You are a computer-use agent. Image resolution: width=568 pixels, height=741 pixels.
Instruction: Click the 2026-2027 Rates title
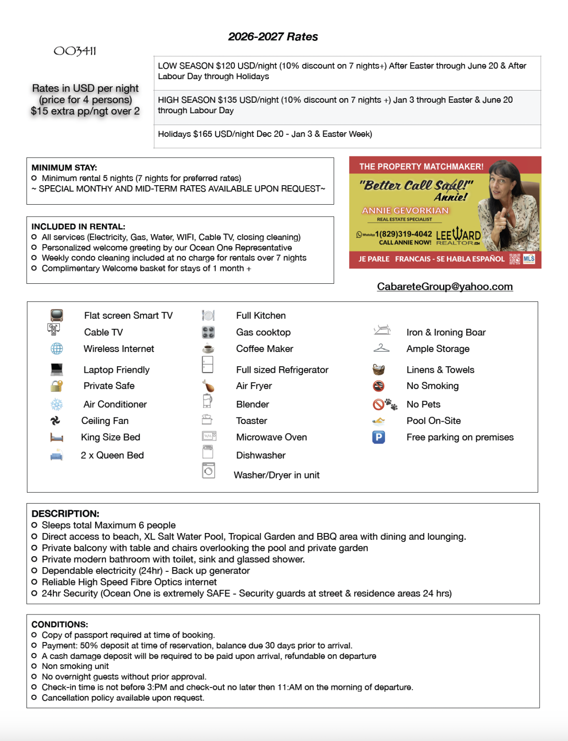273,36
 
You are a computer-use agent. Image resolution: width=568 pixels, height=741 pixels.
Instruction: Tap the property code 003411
75,51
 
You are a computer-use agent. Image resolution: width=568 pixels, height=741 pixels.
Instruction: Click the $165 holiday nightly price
202,134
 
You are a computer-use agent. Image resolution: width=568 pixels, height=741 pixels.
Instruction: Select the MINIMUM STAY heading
64,168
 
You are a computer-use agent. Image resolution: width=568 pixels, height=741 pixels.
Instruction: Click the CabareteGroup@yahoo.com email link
444,286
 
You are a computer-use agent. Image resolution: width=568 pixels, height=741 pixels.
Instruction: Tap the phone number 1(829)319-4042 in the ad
403,234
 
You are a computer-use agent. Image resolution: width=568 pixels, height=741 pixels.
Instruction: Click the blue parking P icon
378,437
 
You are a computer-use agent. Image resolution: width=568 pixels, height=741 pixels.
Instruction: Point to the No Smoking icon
378,386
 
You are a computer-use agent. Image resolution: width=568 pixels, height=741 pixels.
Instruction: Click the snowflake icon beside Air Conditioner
57,404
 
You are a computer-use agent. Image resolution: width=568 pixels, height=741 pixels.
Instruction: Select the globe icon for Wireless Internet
57,349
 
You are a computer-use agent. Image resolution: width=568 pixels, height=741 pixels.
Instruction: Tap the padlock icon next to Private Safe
57,386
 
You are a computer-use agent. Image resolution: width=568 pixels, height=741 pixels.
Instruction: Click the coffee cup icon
208,349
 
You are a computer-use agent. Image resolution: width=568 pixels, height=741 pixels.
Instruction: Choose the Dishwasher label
261,455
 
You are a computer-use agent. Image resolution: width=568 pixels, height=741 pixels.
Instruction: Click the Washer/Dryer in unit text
276,475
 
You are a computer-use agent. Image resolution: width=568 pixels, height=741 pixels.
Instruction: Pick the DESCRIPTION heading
65,514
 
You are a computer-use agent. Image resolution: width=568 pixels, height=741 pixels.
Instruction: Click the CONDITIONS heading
60,624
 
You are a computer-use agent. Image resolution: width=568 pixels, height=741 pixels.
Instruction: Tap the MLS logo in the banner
529,259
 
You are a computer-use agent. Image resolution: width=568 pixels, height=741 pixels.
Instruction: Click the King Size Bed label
110,437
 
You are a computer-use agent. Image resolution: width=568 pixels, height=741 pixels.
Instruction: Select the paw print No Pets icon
390,404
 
